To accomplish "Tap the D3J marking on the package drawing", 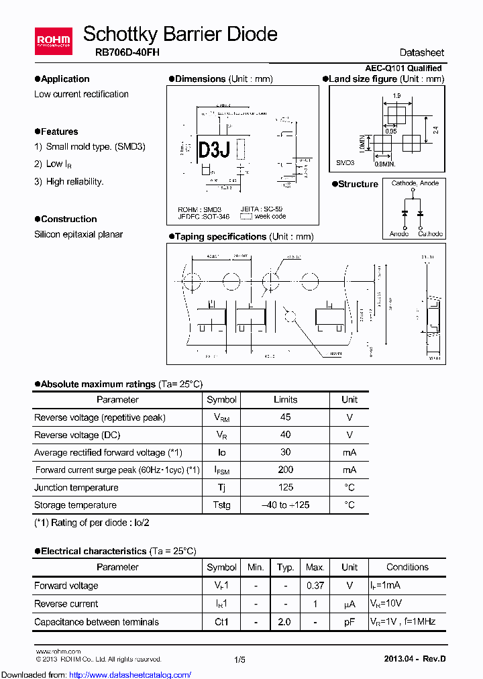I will click(214, 150).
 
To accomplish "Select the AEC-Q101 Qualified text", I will click(403, 68).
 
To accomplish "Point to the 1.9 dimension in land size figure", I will click(396, 96).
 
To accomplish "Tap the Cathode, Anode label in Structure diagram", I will click(415, 183).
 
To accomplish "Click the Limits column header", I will click(285, 399).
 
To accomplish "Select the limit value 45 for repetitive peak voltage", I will click(285, 417).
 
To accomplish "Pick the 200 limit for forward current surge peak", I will click(285, 470).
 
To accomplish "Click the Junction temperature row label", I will click(76, 488).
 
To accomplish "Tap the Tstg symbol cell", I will click(221, 505).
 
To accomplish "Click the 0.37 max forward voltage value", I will click(315, 586).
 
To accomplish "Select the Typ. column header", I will click(286, 568).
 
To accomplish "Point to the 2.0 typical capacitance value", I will click(284, 622).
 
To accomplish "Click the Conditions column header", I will click(407, 568).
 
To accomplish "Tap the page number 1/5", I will click(240, 660).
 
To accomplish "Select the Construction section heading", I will click(68, 219).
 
